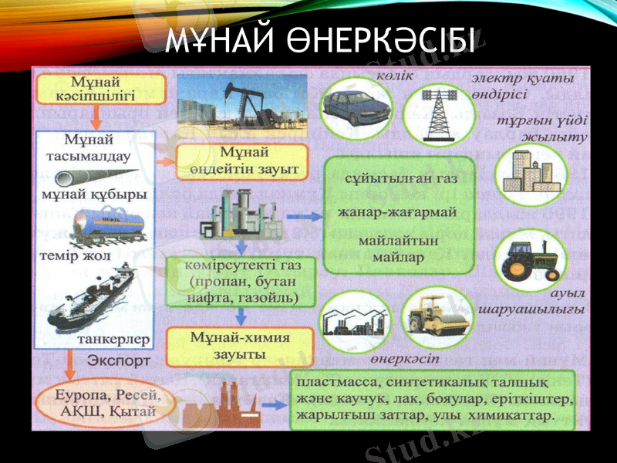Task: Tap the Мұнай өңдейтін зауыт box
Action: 242,161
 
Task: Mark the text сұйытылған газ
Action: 396,180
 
